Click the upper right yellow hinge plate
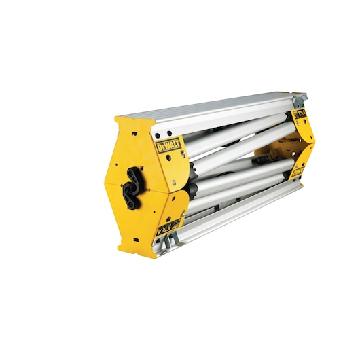tap(302, 126)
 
